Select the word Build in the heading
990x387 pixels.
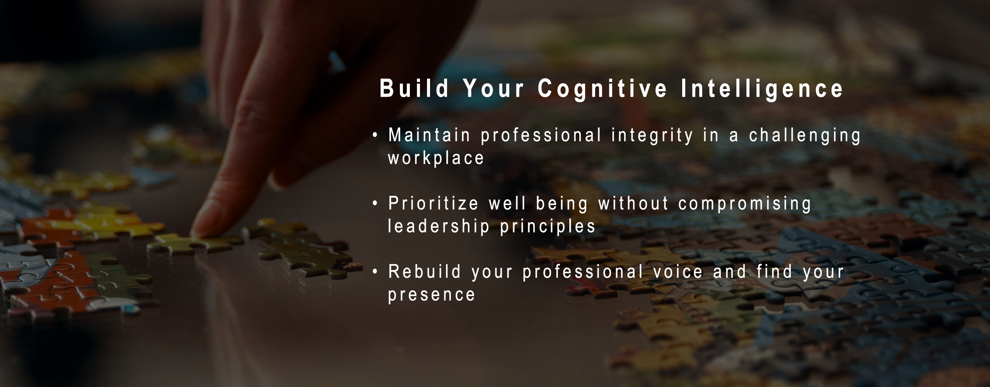[x=414, y=89]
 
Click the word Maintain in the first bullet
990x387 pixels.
[x=429, y=135]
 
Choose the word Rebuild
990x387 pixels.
[x=425, y=272]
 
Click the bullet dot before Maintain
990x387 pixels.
[x=374, y=136]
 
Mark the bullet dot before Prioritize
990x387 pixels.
[x=374, y=204]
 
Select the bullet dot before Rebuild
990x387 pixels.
[x=374, y=272]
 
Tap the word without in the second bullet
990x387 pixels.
[x=634, y=204]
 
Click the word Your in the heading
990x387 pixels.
[x=493, y=89]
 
